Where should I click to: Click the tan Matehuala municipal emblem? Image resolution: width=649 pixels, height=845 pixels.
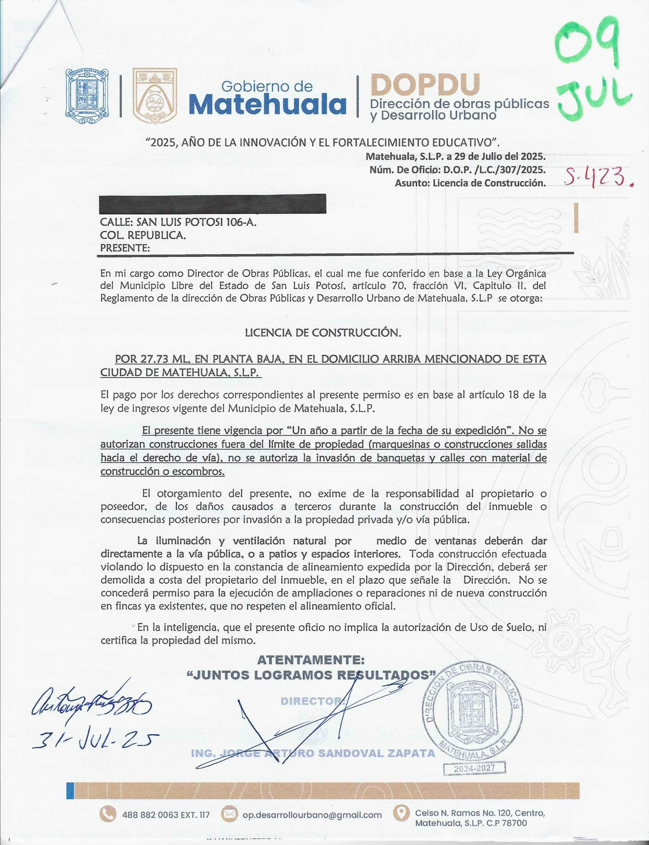pyautogui.click(x=155, y=96)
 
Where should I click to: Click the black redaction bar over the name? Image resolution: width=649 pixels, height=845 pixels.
pyautogui.click(x=213, y=204)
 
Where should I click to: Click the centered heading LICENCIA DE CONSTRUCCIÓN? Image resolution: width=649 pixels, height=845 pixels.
pyautogui.click(x=323, y=333)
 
